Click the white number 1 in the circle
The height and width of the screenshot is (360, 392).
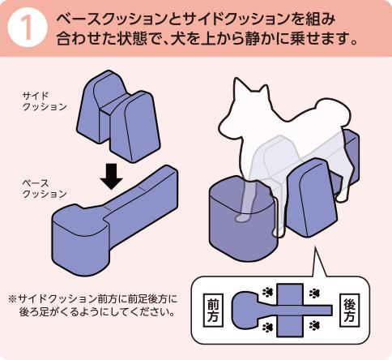[26, 28]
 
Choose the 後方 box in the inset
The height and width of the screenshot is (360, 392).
[350, 308]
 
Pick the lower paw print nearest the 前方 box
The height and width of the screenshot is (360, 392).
[266, 327]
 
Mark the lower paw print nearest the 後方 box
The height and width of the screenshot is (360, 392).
[315, 327]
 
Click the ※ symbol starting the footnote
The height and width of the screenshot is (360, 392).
[12, 297]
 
